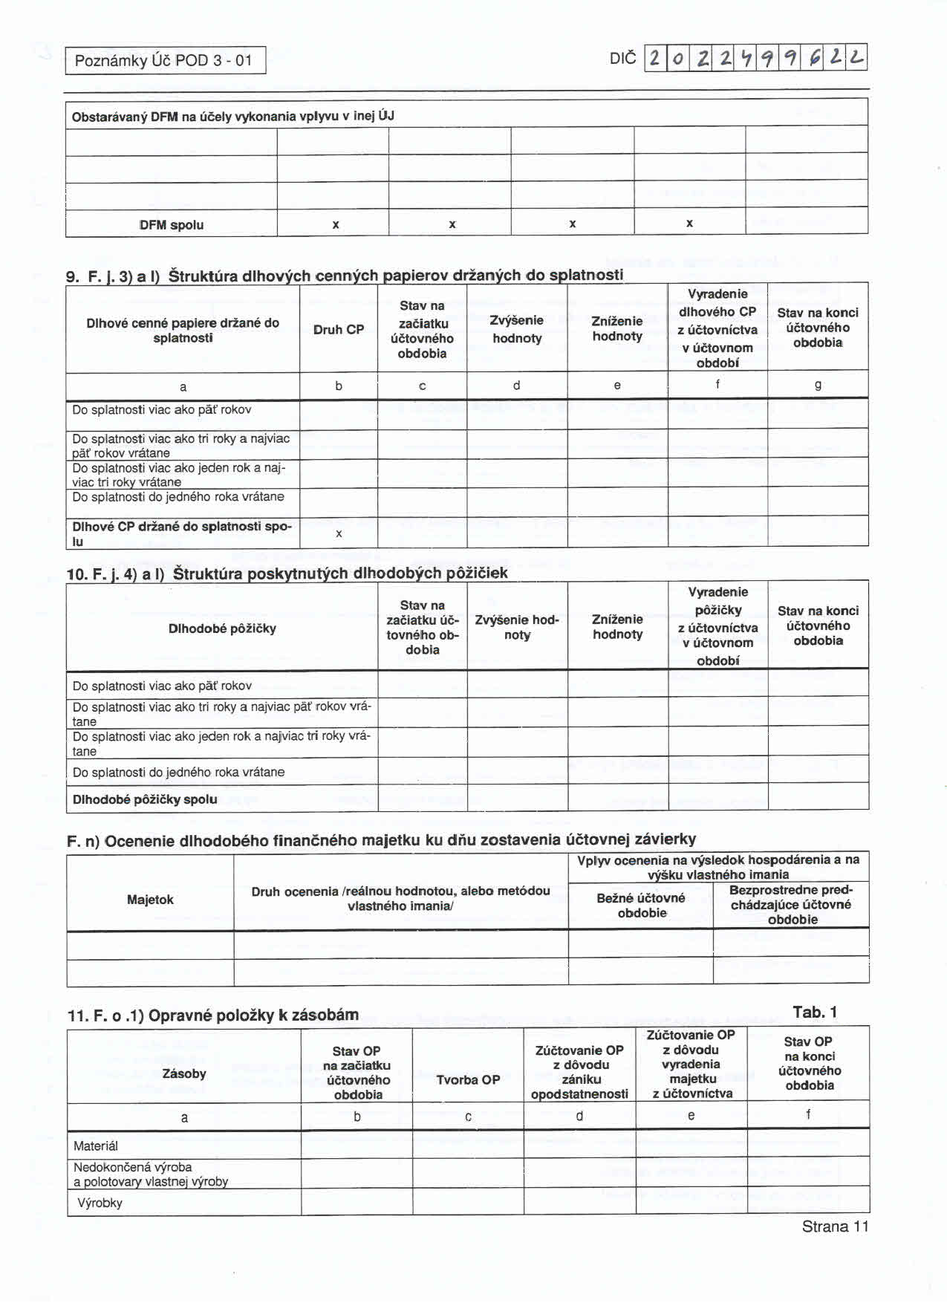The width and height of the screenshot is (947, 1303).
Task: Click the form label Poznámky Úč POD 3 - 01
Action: tap(164, 61)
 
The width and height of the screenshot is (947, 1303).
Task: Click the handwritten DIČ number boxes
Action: tap(756, 58)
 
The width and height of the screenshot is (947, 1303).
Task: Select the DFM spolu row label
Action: tap(172, 225)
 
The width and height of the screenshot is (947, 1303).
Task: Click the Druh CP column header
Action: tap(339, 329)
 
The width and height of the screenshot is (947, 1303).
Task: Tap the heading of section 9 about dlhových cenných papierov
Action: tap(345, 276)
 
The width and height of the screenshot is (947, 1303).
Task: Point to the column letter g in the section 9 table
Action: tap(818, 385)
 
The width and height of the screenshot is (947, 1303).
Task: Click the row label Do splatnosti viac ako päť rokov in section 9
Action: tap(162, 410)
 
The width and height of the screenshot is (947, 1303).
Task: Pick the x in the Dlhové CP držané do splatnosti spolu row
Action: tap(339, 533)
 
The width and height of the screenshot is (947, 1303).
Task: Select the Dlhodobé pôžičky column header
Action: tap(222, 628)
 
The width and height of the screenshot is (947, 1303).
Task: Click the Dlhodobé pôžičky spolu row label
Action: tap(145, 799)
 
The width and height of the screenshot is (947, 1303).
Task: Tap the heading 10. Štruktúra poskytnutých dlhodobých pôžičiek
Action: tap(287, 573)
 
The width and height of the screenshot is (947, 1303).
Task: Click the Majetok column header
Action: tap(150, 900)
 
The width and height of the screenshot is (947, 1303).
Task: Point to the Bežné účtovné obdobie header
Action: tap(641, 906)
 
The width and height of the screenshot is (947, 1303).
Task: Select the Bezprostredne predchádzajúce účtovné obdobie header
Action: tap(792, 905)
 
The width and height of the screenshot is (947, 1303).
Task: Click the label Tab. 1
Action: tap(815, 1012)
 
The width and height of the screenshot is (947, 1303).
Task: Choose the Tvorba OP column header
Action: tap(468, 1079)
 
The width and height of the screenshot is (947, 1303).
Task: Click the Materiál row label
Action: tap(96, 1146)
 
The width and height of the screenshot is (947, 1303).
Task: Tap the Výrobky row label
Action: tap(100, 1203)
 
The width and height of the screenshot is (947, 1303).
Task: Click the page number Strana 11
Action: tap(835, 1226)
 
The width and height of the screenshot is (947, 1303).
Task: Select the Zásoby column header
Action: tap(184, 1073)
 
